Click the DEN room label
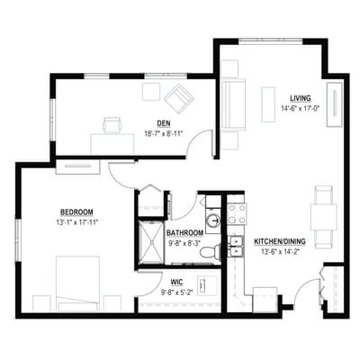click(x=164, y=123)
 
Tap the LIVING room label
click(x=300, y=98)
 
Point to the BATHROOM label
click(x=184, y=233)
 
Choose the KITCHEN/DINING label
click(x=280, y=242)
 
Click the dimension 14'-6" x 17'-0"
click(x=300, y=108)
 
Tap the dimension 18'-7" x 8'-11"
click(x=164, y=132)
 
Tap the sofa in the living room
click(x=232, y=105)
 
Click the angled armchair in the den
click(x=178, y=97)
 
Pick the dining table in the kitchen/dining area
click(x=323, y=216)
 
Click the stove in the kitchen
click(x=237, y=214)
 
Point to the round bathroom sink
click(x=212, y=220)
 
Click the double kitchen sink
click(x=237, y=247)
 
